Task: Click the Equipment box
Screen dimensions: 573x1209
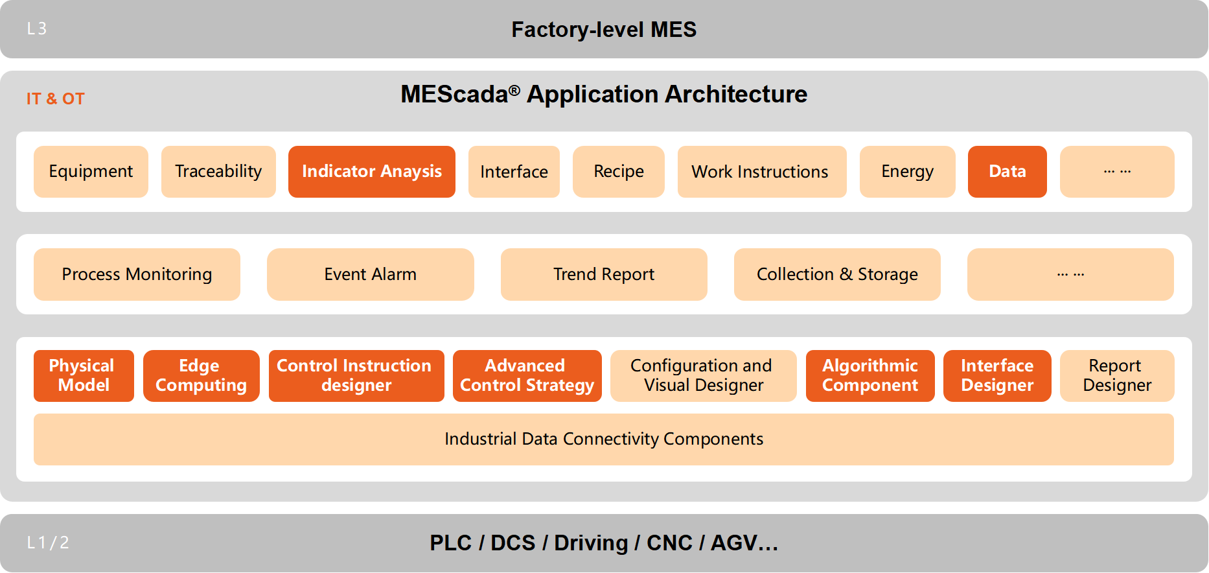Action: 91,172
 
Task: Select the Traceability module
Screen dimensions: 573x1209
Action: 218,172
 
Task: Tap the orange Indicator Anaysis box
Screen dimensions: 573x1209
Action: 371,172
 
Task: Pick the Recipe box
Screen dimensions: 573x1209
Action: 618,172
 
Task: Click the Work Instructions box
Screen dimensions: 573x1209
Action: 761,172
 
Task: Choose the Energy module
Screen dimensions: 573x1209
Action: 907,172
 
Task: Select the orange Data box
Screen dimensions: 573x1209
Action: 1007,172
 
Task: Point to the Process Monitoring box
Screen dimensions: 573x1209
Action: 137,274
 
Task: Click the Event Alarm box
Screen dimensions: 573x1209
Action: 370,274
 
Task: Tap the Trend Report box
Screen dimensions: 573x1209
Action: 603,274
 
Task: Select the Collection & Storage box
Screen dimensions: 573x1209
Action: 836,274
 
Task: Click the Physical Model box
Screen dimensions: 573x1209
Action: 84,376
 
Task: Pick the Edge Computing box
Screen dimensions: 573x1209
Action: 201,376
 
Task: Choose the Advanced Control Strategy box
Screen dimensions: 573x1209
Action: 527,376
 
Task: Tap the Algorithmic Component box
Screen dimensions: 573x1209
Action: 869,376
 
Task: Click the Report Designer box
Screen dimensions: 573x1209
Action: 1116,376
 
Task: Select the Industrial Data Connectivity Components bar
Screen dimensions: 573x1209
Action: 603,439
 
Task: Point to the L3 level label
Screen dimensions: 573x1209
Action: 37,29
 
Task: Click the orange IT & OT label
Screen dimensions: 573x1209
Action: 56,99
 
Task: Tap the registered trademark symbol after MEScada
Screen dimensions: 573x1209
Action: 514,90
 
